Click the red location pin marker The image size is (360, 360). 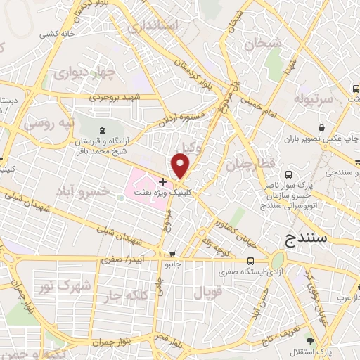(181, 165)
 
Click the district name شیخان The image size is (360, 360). (263, 44)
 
